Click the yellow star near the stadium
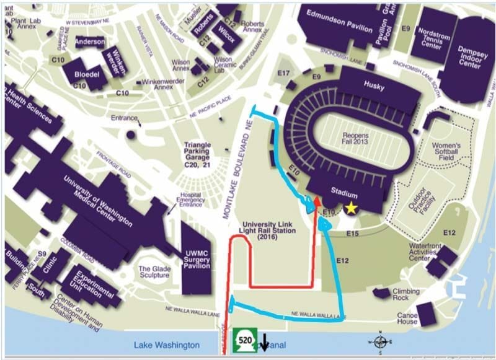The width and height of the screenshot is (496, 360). tap(352, 208)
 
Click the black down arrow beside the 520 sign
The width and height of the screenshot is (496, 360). tap(264, 343)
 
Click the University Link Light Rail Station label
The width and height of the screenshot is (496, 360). tap(269, 230)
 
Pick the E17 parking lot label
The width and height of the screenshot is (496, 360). tap(285, 73)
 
